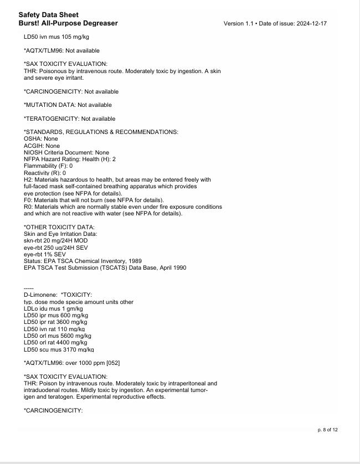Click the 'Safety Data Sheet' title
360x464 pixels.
coord(48,15)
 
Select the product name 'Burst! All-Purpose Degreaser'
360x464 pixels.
coord(68,23)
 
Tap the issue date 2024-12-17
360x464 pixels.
coord(311,24)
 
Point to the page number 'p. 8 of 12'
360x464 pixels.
coord(327,430)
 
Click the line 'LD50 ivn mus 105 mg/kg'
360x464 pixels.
coord(56,37)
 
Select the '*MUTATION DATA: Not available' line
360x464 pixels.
coord(68,105)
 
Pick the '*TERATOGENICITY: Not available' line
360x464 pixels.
coord(69,118)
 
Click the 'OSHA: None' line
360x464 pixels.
coord(40,139)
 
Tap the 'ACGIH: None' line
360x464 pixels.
coord(42,146)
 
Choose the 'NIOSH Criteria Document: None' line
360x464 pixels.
coord(66,152)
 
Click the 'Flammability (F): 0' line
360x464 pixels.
coord(48,166)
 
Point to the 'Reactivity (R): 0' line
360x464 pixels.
coord(45,173)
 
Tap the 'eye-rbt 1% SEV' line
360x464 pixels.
coord(45,254)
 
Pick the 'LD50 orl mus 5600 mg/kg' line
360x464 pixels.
coord(57,336)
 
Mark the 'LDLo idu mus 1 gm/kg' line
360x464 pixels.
coord(53,308)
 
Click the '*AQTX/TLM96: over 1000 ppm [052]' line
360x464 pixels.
coord(71,363)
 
